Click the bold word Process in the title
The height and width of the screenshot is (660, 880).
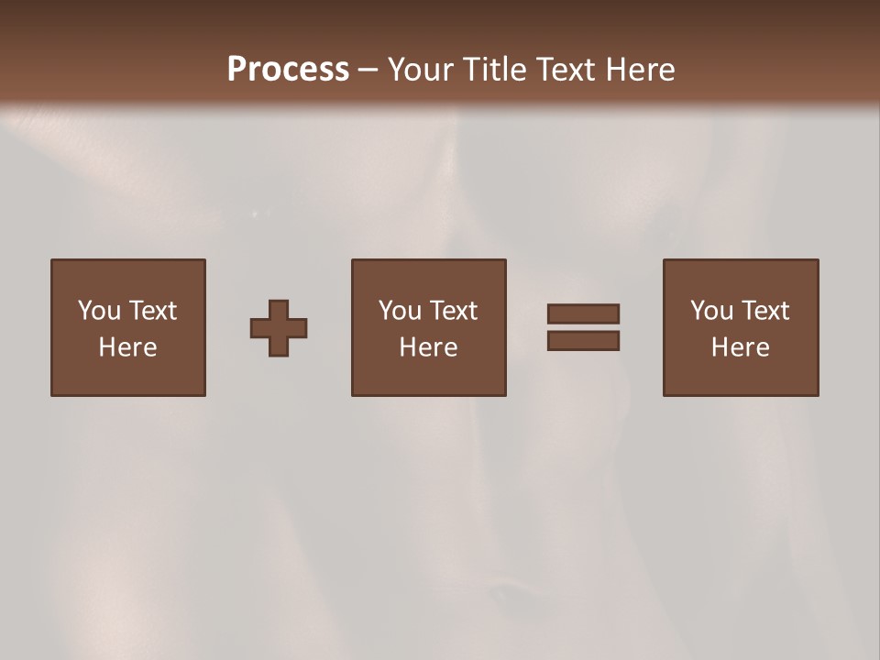coord(288,70)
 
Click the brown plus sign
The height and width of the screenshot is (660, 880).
coord(279,328)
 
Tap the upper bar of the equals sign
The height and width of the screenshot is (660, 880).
coord(583,313)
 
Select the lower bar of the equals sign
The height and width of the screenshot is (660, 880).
coord(583,341)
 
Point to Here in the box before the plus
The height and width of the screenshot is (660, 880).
coord(127,347)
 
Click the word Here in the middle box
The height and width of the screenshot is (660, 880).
coord(428,347)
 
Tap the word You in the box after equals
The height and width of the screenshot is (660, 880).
coord(711,311)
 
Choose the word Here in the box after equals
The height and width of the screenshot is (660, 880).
coord(740,347)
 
